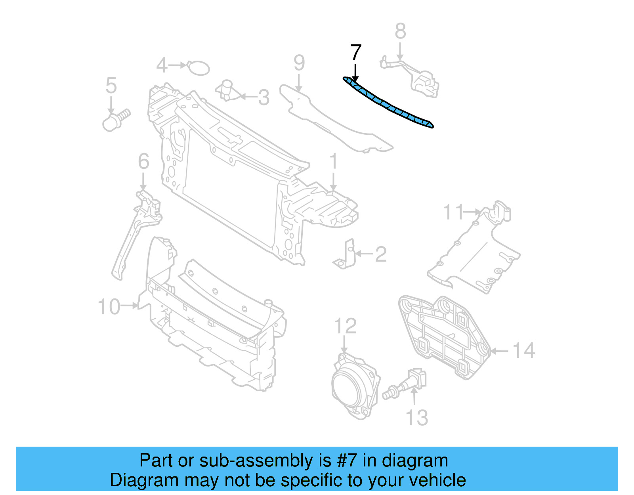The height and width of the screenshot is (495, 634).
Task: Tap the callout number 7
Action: pos(356,53)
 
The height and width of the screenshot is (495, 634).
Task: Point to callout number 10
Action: pos(109,307)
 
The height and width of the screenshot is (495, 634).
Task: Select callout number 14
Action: pos(524,351)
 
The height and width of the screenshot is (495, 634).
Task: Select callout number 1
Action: pos(334,162)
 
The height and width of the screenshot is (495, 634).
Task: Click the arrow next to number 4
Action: pos(178,65)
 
